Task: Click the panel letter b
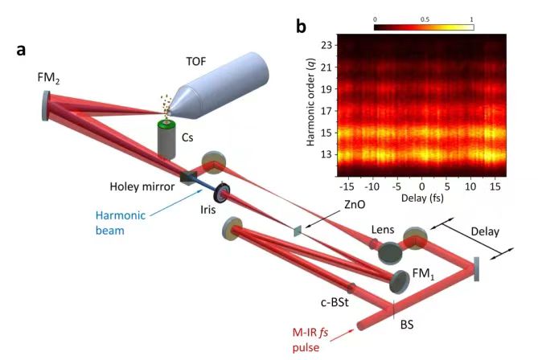click(301, 27)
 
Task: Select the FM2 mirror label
click(47, 80)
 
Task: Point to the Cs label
click(187, 137)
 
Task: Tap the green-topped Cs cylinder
click(166, 138)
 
